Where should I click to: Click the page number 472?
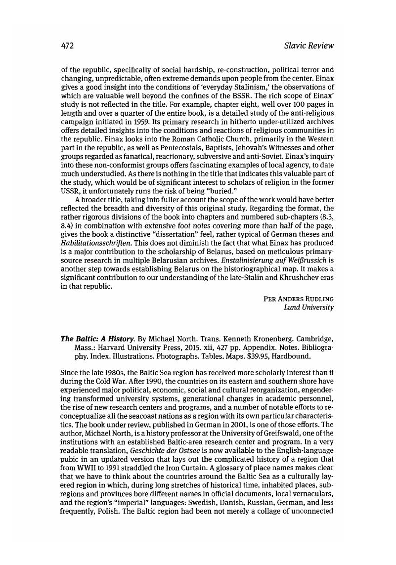pos(67,46)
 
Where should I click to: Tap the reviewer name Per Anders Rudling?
pos(299,299)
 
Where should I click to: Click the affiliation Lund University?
pos(309,307)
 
